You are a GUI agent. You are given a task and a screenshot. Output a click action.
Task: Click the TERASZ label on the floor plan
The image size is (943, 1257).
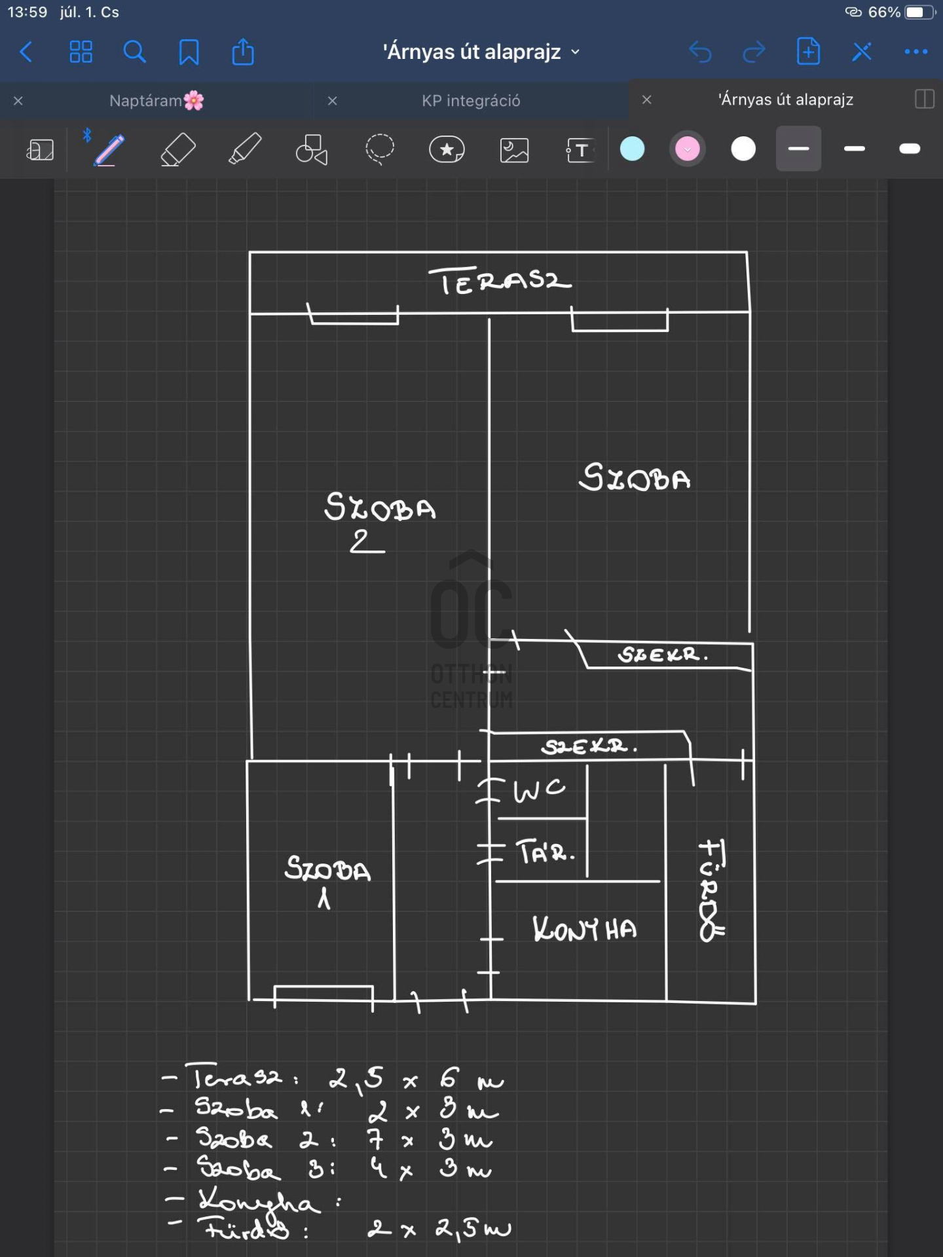click(500, 282)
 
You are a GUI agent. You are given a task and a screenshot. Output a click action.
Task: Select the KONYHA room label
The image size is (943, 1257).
click(584, 929)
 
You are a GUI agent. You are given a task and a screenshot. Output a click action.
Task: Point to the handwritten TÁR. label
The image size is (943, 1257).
click(545, 852)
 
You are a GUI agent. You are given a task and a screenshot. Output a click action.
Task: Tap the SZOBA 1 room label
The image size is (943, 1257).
click(327, 881)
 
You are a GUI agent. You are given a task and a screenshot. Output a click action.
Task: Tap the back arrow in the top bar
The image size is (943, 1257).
click(26, 52)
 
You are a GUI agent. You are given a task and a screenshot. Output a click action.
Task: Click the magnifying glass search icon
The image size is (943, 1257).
click(134, 52)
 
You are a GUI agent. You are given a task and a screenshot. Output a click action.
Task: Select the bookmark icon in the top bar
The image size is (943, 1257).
click(189, 52)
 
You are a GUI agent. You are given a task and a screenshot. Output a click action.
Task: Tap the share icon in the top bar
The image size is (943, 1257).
click(243, 52)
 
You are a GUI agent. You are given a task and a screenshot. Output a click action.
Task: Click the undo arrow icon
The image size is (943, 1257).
click(700, 52)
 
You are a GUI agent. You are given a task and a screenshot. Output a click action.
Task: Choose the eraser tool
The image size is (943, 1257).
click(177, 149)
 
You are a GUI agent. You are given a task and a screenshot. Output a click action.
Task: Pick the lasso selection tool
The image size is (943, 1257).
click(379, 149)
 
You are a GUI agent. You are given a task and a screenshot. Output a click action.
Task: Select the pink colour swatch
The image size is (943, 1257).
click(687, 149)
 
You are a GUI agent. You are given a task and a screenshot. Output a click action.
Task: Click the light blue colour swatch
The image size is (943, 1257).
click(632, 149)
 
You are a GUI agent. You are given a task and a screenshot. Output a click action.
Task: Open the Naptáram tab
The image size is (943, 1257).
click(156, 101)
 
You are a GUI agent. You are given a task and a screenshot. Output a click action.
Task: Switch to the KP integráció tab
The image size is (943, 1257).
click(471, 101)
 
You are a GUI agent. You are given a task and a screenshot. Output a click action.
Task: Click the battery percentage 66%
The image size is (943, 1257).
click(883, 12)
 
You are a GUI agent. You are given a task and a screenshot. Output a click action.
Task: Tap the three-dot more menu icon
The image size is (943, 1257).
click(915, 52)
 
